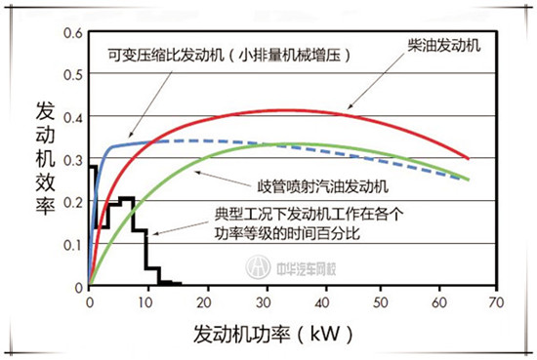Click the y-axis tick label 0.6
tap(70, 32)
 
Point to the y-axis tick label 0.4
tap(70, 117)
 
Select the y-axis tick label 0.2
tap(70, 202)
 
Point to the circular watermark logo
tap(258, 266)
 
